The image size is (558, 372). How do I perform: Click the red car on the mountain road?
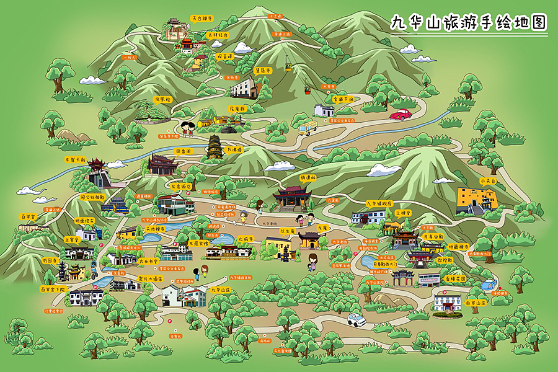click(401, 115)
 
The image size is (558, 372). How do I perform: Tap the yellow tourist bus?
click(308, 128)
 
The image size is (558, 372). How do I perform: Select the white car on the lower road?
click(356, 320)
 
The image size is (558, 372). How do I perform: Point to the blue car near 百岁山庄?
click(489, 286)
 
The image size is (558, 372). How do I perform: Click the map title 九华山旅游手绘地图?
click(469, 24)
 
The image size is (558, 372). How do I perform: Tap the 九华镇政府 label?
click(379, 203)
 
